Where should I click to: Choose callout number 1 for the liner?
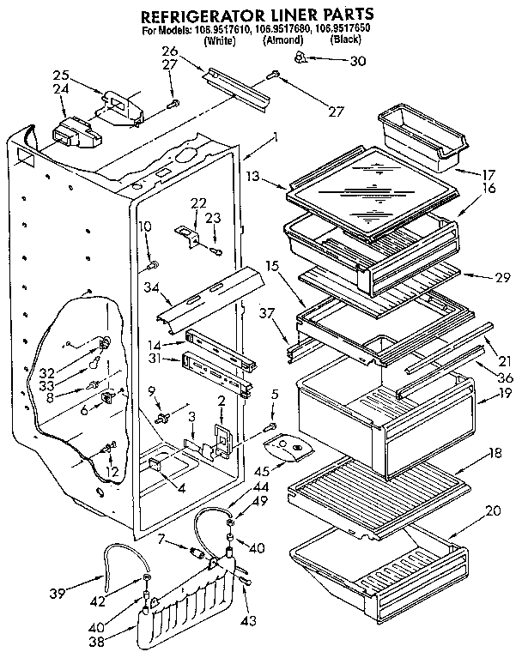point(274,136)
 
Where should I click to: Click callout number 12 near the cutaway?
point(110,471)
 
